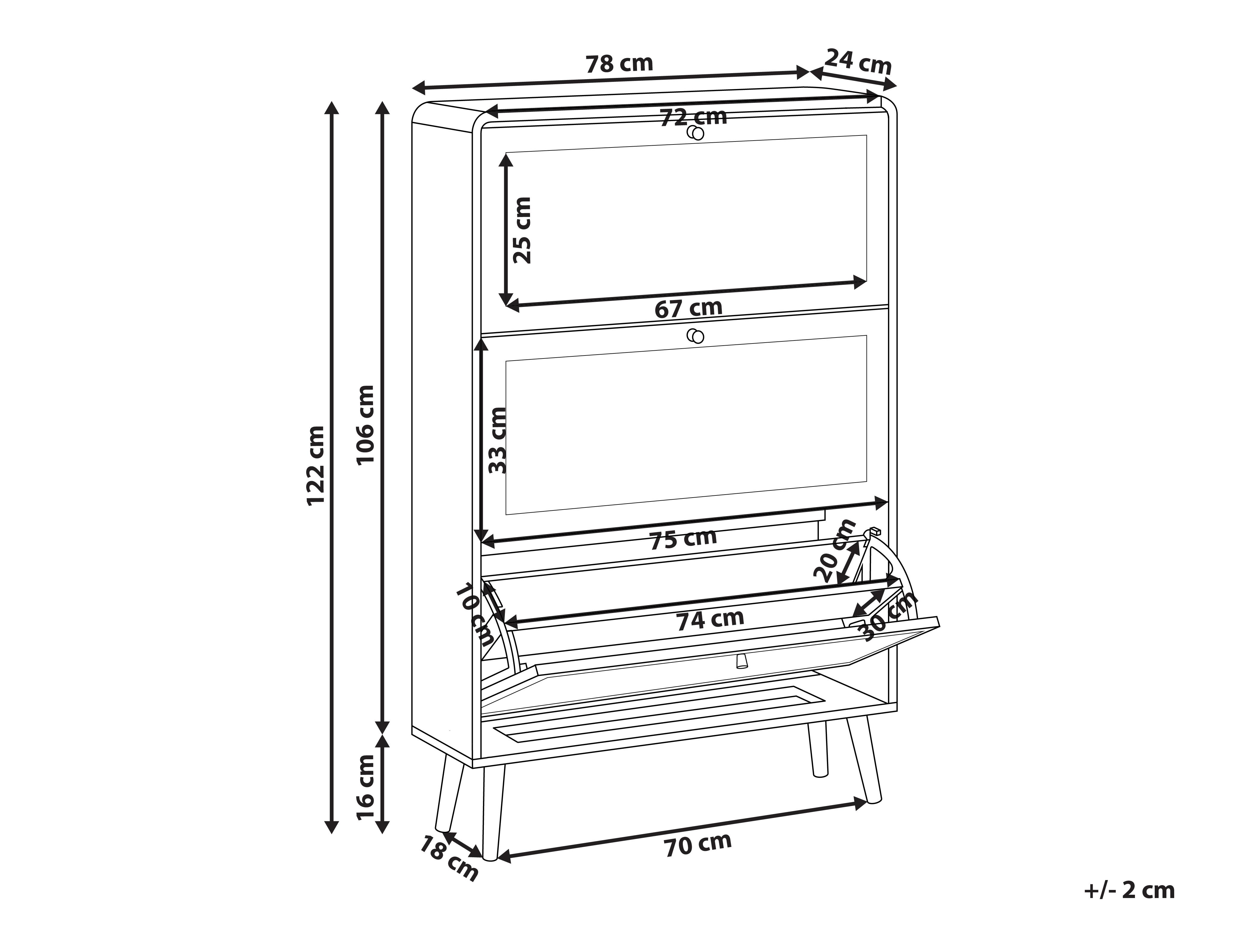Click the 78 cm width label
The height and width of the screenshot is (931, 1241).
click(619, 64)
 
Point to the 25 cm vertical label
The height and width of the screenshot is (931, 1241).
click(522, 230)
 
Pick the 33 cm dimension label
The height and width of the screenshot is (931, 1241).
click(497, 441)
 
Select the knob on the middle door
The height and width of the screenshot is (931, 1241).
click(696, 336)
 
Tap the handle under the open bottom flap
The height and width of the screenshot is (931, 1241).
click(741, 661)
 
